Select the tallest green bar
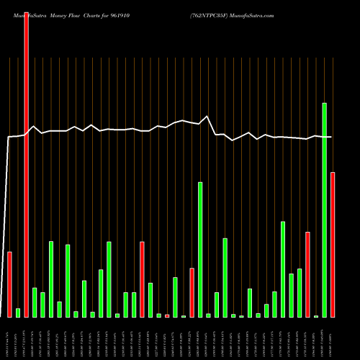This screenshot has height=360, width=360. tap(325, 210)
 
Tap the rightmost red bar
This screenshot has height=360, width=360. tap(333, 245)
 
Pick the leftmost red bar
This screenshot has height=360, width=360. tap(10, 284)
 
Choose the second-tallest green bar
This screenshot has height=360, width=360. tap(200, 249)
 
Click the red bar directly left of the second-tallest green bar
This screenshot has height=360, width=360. tap(192, 292)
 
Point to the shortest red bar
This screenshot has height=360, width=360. tap(167, 315)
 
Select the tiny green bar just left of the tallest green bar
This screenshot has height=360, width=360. tap(316, 316)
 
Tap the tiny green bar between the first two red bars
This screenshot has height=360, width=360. tap(18, 312)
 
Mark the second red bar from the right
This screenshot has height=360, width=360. tap(307, 274)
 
